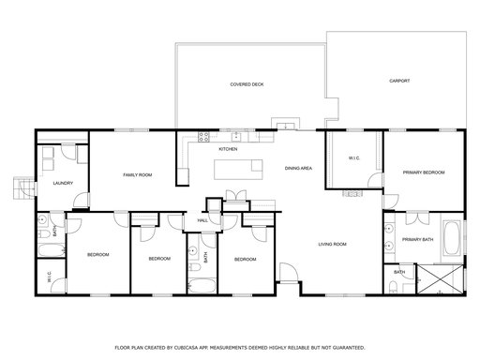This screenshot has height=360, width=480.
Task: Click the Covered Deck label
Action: tap(247, 84)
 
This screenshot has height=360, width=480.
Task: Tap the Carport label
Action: tap(399, 81)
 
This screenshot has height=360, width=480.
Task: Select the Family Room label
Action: tap(138, 175)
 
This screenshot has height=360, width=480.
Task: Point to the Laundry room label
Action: tap(63, 183)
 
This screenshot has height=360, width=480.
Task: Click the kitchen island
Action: tap(238, 170)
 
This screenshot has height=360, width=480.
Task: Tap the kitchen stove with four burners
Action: tap(203, 137)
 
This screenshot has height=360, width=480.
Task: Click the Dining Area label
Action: tap(298, 169)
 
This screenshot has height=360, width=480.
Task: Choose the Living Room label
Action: tap(332, 244)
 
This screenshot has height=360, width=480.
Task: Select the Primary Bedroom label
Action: tap(424, 172)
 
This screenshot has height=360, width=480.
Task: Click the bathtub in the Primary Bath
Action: tap(452, 237)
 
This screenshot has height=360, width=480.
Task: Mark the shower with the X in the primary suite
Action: tap(441, 279)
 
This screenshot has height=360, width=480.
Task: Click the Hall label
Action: tap(202, 220)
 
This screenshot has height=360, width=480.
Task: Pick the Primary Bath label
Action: tap(418, 240)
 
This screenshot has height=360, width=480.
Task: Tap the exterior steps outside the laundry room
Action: tap(23, 187)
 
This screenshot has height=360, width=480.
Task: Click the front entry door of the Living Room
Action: tap(288, 273)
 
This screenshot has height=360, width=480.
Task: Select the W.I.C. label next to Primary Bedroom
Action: tap(354, 158)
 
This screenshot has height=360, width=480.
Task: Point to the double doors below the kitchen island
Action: tap(236, 195)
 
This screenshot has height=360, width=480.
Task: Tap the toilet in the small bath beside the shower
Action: tap(393, 287)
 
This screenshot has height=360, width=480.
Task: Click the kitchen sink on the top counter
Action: tap(236, 137)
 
